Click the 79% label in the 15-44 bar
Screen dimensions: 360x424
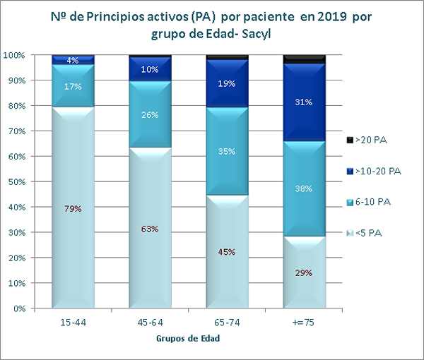[73, 208]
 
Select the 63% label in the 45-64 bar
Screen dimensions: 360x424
[150, 229]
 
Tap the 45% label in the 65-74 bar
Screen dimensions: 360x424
[228, 252]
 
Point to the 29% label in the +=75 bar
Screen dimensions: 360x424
[304, 272]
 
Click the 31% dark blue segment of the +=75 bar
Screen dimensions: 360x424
[304, 103]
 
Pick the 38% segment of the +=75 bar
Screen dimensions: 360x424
[304, 189]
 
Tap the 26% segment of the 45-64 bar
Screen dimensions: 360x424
[150, 115]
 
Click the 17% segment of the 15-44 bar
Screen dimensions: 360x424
[73, 86]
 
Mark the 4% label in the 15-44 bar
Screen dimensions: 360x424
[73, 61]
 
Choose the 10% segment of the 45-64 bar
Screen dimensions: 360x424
[150, 69]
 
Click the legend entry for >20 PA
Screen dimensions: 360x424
[371, 140]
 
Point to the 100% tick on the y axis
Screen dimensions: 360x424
[15, 55]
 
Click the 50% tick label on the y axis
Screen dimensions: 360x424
[17, 182]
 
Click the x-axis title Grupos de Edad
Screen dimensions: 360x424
[188, 339]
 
